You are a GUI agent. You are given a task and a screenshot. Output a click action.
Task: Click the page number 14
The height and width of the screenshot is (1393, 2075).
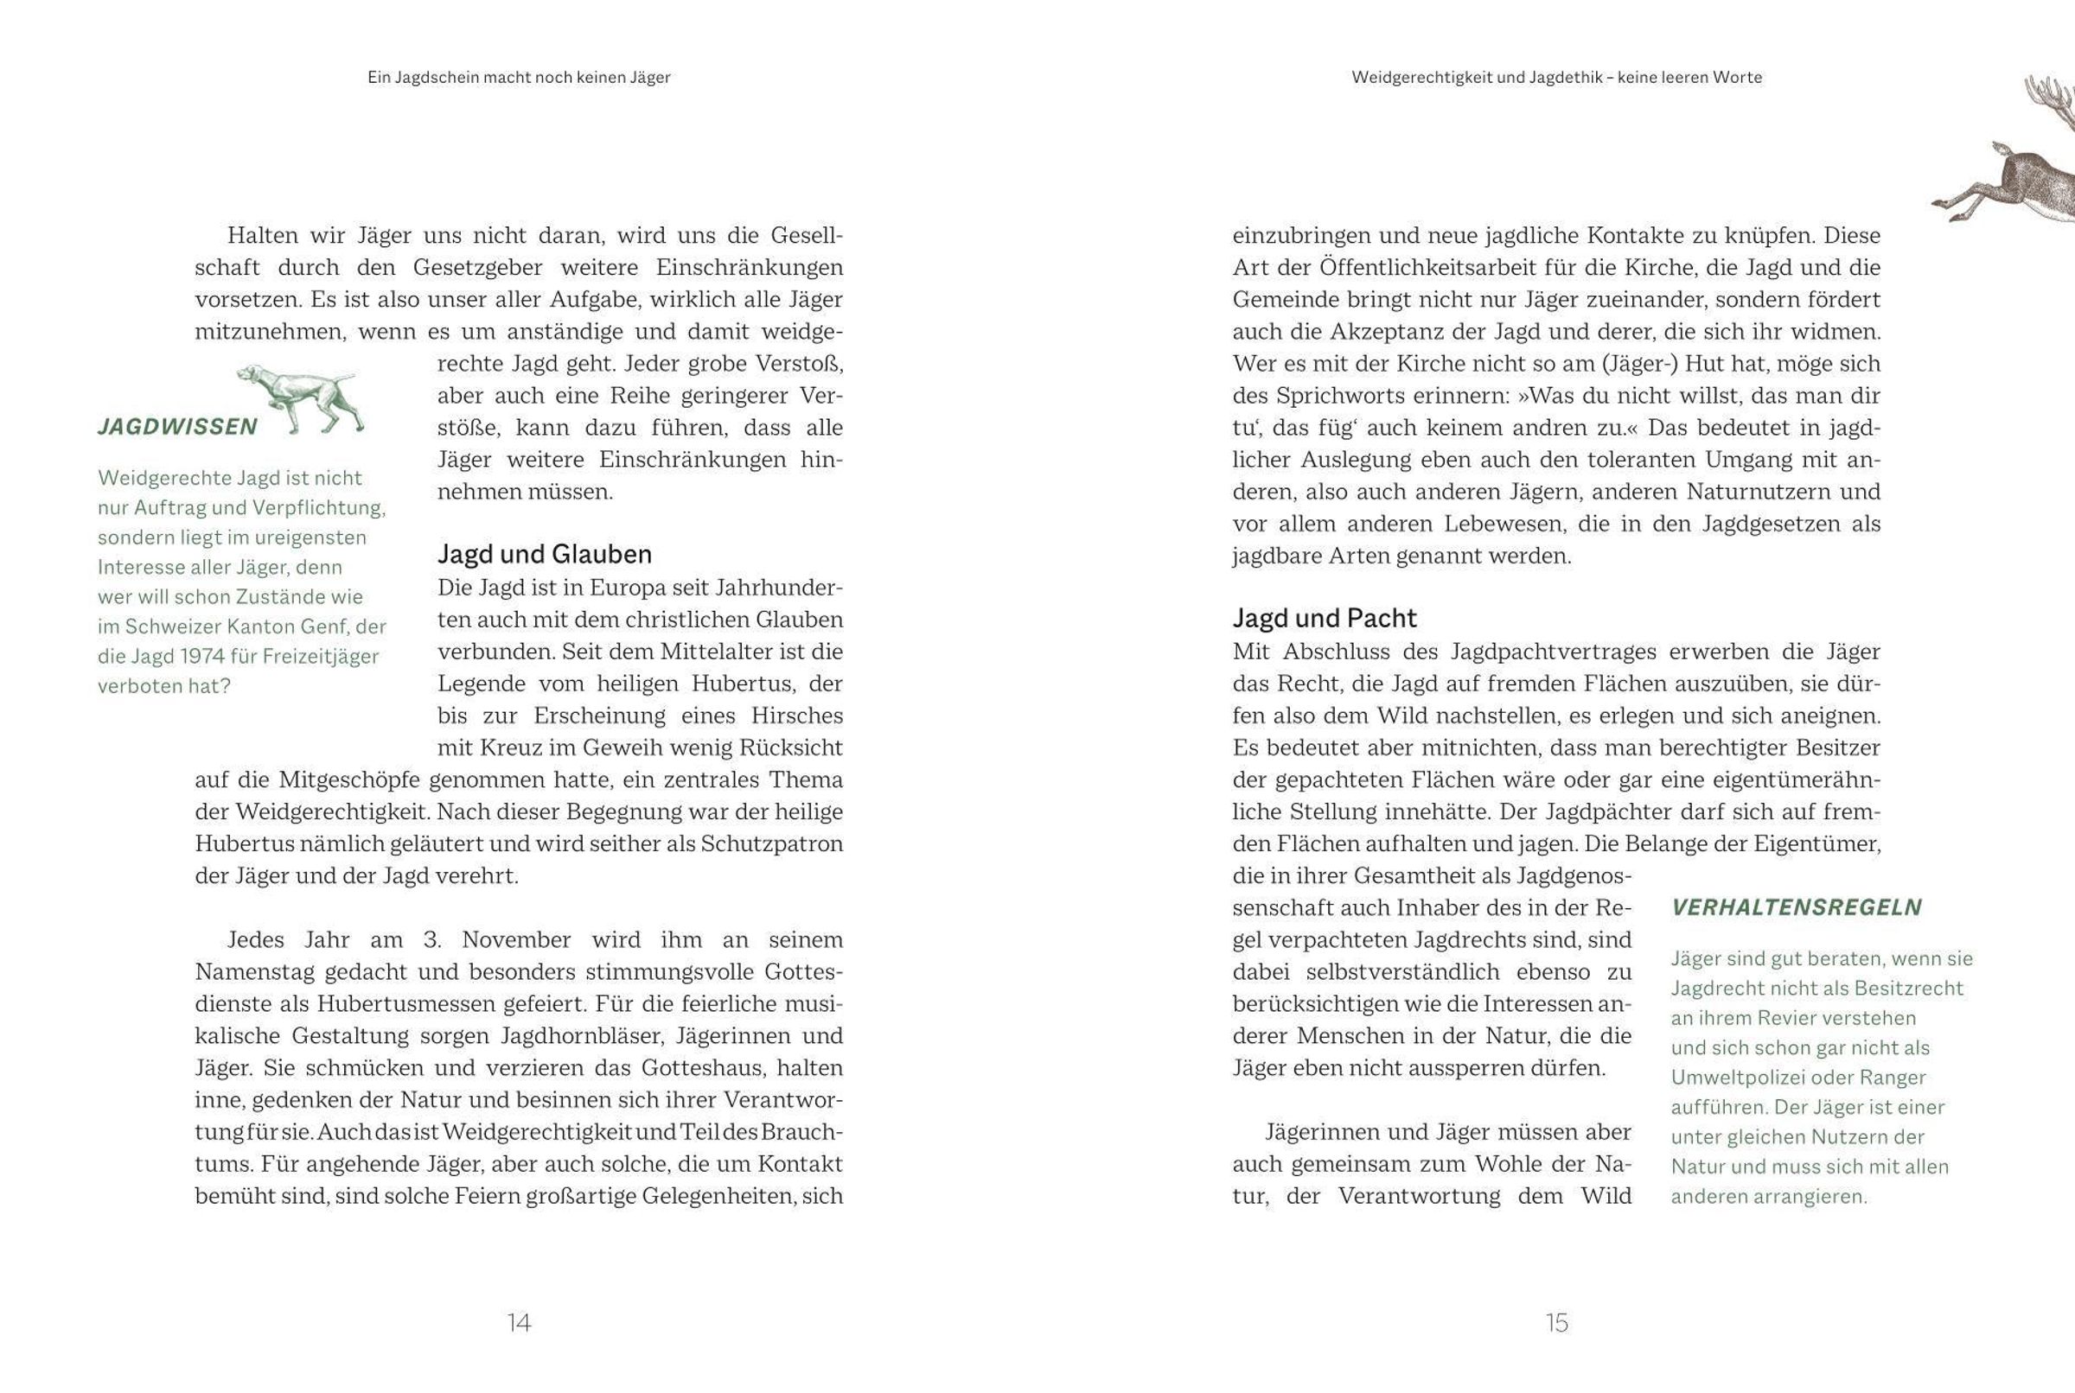pos(519,1323)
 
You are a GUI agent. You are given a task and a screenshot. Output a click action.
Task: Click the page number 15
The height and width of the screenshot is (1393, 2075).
pos(1557,1323)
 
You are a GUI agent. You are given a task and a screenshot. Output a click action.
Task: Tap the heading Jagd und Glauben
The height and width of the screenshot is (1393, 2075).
pos(544,555)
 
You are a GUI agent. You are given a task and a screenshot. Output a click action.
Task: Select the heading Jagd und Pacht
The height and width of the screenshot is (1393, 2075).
pos(1324,619)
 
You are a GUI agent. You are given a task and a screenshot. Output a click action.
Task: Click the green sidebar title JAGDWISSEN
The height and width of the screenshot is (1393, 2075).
pos(178,427)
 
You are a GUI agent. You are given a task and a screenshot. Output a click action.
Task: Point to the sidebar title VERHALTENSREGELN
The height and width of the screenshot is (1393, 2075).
pos(1796,907)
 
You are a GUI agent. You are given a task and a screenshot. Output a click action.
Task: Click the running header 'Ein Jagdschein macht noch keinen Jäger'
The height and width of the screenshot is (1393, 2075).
pos(519,77)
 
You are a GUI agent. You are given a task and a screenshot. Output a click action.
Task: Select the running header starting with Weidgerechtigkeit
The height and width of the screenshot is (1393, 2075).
pos(1557,77)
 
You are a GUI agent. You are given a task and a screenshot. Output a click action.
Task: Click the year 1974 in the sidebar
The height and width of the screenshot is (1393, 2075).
pos(202,657)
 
